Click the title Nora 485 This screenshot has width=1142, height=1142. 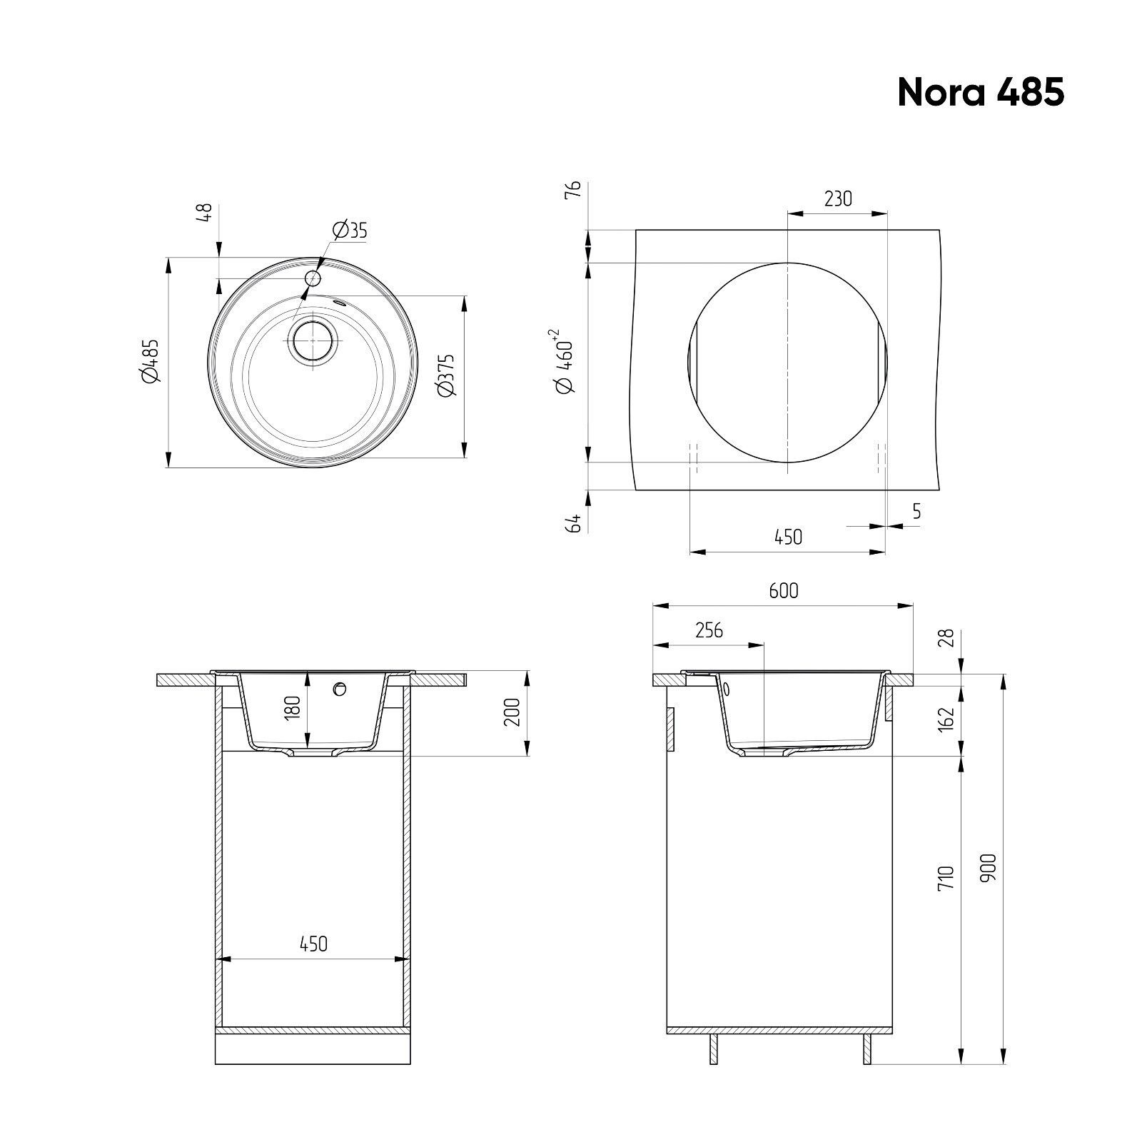(981, 92)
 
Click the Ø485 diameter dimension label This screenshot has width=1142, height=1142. (150, 361)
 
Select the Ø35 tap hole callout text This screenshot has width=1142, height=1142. (349, 230)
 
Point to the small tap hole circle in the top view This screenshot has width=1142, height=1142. (313, 278)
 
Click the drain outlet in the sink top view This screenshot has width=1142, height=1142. (311, 340)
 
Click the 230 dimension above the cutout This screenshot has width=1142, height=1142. (838, 198)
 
